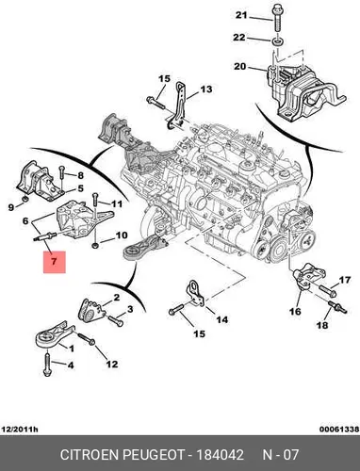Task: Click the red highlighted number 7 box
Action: [x=55, y=262]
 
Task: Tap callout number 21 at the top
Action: [x=241, y=15]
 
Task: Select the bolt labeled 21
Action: [x=277, y=17]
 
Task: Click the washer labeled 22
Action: [x=277, y=41]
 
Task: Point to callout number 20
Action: [x=240, y=67]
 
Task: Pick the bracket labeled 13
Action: [x=178, y=106]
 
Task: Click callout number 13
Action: [x=206, y=89]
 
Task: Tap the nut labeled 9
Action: [x=25, y=200]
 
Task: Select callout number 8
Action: [x=81, y=175]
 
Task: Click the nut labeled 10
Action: [x=95, y=245]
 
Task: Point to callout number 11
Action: [x=117, y=204]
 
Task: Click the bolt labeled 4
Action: [x=47, y=364]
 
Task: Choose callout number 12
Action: [x=111, y=364]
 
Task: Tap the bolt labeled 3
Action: [x=116, y=320]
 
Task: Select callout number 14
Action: [x=221, y=319]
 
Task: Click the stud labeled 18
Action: [x=336, y=306]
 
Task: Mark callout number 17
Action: [x=345, y=280]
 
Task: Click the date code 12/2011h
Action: [x=20, y=429]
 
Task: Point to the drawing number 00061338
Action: [x=339, y=429]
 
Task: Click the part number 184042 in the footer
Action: [x=220, y=454]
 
